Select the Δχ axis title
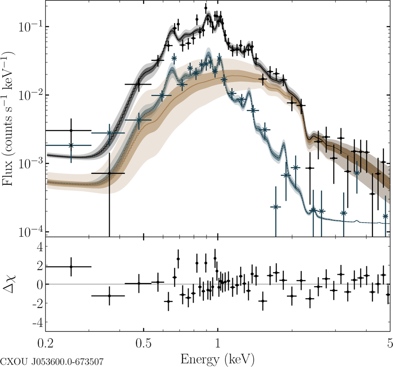pos(11,284)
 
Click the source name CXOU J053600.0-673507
pos(52,362)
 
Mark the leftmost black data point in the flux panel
pos(71,131)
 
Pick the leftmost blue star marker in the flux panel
pos(71,145)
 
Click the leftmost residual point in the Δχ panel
pos(71,267)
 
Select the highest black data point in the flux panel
pos(206,8)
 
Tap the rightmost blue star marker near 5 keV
pos(385,216)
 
